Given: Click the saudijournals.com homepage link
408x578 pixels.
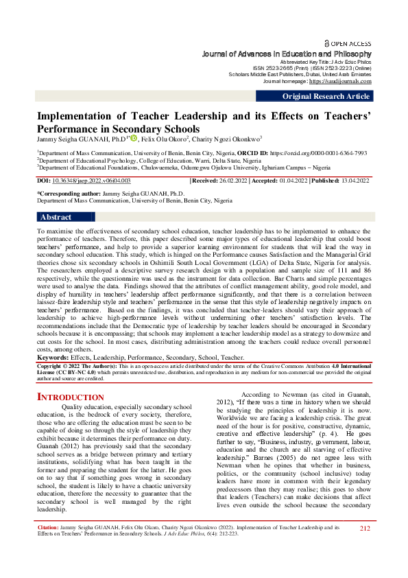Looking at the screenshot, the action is [x=340, y=81].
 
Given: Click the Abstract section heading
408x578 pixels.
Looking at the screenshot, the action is [x=56, y=217].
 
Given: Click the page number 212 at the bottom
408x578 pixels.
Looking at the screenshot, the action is [x=365, y=547].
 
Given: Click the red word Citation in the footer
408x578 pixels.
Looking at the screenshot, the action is [x=47, y=547].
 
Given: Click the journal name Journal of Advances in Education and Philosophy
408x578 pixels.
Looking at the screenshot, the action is [x=287, y=54].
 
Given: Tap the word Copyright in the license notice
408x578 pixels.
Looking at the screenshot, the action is [x=52, y=367].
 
